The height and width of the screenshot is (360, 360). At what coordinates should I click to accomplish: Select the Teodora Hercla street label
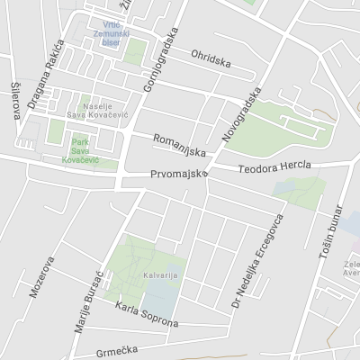pos(274,168)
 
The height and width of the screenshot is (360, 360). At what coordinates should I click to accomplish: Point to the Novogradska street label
pos(234,119)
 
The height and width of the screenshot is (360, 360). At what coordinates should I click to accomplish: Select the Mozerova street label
pos(41,288)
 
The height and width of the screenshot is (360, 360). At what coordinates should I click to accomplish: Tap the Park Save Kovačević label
pos(81,150)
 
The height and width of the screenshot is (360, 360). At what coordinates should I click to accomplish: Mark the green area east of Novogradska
pos(279,130)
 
